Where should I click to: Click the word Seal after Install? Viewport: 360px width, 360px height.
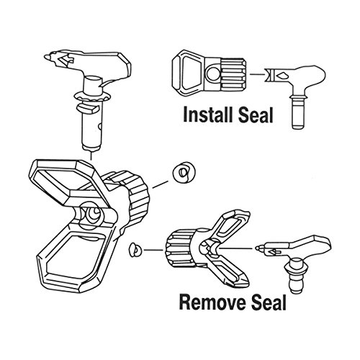click(256, 115)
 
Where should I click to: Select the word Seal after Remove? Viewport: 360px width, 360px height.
click(269, 302)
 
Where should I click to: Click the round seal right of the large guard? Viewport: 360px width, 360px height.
click(184, 173)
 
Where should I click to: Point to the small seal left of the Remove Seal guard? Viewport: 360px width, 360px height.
click(135, 250)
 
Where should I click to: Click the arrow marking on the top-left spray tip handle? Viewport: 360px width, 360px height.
click(66, 59)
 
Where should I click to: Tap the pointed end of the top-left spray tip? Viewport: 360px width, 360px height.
click(45, 57)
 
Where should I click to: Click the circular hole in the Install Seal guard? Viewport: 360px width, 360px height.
click(213, 73)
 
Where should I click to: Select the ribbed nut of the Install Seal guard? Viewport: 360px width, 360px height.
click(233, 74)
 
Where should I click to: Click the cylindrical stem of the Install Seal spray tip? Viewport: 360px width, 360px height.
click(299, 113)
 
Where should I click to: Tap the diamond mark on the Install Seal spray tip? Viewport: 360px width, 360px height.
click(282, 76)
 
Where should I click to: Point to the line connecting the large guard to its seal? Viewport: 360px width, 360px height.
click(161, 184)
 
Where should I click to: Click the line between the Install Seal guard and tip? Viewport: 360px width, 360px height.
click(257, 74)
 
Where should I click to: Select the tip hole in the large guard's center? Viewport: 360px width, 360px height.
click(93, 213)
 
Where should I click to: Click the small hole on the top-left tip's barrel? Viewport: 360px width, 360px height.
click(100, 125)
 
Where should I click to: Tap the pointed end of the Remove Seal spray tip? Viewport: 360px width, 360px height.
click(256, 248)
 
